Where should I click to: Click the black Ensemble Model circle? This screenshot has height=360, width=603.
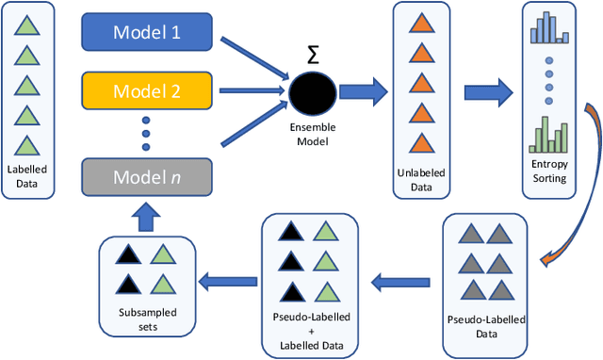313,93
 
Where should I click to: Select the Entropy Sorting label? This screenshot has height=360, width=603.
549,172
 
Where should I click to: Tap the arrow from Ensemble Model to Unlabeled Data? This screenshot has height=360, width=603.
364,92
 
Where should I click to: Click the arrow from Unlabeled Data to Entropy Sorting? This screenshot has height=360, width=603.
487,92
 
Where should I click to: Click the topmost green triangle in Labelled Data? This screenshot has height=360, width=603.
27,29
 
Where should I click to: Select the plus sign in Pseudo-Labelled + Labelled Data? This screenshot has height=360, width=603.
312,335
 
